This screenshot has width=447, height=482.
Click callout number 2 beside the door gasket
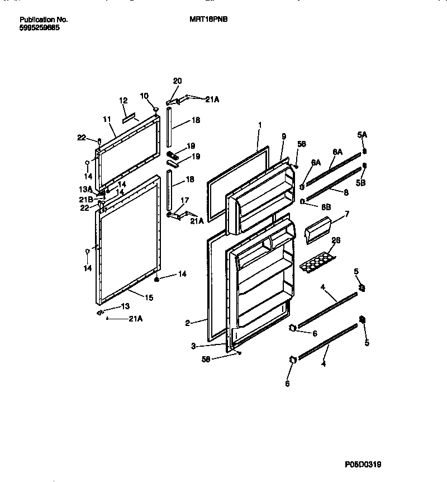[188, 323]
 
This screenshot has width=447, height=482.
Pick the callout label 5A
[362, 134]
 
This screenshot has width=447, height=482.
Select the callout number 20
[177, 81]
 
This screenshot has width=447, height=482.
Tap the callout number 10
[144, 96]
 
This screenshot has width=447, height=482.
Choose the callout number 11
[107, 120]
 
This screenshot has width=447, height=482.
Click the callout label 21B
[86, 200]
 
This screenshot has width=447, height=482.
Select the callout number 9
[284, 136]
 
